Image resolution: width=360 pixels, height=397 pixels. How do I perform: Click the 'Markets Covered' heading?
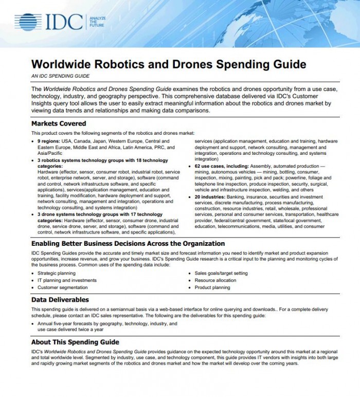tap(59, 123)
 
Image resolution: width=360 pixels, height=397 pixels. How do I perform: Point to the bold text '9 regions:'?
tap(51, 140)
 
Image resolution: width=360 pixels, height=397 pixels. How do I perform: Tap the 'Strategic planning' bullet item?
tap(57, 273)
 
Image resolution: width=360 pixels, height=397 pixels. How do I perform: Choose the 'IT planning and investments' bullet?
tap(67, 280)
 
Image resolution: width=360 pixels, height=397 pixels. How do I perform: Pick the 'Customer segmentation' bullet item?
tap(63, 287)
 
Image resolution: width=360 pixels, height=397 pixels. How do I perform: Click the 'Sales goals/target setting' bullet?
tap(221, 273)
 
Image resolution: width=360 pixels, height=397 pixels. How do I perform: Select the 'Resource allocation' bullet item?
tap(215, 280)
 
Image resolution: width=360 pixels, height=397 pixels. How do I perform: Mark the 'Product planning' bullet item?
tap(212, 287)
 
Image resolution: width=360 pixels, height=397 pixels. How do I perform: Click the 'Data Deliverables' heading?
tap(60, 299)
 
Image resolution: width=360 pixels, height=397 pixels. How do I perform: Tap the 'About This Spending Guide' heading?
tap(75, 341)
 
